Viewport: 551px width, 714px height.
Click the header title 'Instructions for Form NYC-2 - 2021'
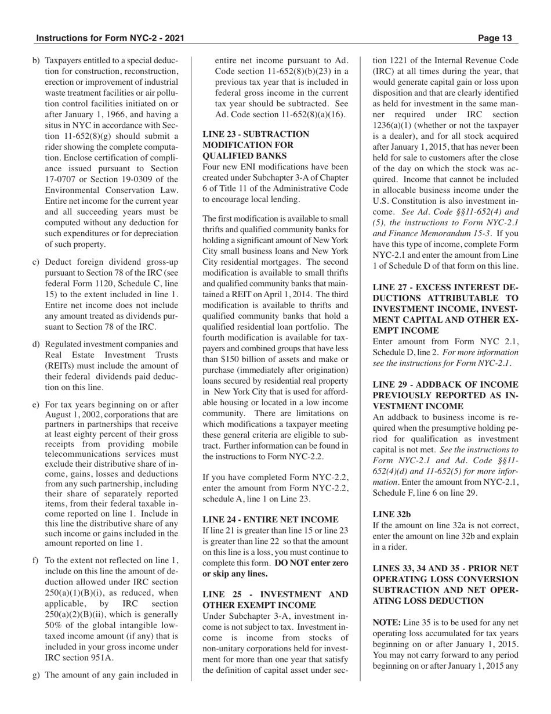coord(110,38)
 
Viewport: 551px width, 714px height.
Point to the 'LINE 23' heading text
coord(220,134)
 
